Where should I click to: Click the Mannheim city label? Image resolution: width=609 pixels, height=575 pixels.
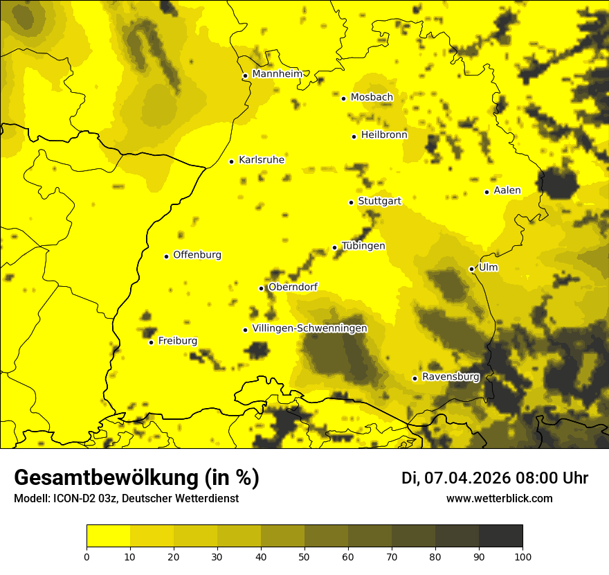click(277, 74)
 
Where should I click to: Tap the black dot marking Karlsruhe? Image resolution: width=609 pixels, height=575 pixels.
click(231, 161)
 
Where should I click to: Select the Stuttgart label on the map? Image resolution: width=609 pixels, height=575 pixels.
click(379, 201)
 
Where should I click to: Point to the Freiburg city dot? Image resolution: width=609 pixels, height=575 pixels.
click(151, 342)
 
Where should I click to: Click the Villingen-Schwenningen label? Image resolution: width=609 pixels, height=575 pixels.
click(309, 328)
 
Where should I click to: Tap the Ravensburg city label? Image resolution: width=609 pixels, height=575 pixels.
click(450, 377)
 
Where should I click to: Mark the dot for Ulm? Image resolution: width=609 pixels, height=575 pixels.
click(471, 269)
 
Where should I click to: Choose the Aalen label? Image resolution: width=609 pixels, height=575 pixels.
click(507, 191)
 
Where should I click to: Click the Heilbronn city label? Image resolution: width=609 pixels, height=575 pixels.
click(384, 135)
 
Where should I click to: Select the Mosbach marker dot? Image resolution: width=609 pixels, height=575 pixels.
click(343, 98)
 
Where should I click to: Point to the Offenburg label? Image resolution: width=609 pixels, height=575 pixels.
click(197, 255)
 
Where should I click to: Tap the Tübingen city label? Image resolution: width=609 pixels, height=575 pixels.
click(363, 246)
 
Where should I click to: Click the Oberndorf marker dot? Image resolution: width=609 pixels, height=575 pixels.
click(261, 288)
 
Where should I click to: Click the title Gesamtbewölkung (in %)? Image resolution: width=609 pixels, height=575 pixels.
click(136, 477)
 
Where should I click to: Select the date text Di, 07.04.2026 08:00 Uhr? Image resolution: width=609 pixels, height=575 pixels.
click(494, 478)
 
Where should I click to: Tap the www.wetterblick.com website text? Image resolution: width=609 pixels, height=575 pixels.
click(499, 498)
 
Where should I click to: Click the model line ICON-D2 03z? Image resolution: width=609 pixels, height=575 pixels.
click(126, 498)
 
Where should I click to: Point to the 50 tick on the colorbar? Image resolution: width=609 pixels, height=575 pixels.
click(304, 556)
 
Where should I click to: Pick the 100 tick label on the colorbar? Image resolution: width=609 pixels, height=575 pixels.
click(522, 556)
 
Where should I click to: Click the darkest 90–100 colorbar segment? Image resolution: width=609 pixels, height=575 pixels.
click(500, 536)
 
